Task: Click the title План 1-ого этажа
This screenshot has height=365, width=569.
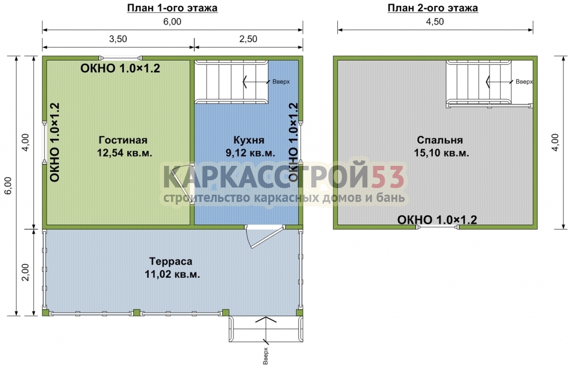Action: (x=172, y=8)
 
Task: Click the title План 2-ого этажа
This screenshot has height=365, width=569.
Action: (x=433, y=8)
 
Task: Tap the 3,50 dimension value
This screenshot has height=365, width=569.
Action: (x=118, y=39)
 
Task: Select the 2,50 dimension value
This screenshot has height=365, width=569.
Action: (x=248, y=39)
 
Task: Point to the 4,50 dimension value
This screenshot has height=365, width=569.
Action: (x=435, y=22)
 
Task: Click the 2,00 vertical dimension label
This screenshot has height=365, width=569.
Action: (x=26, y=272)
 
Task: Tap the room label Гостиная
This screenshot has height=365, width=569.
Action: (x=123, y=140)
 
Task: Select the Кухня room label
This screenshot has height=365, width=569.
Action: (x=249, y=140)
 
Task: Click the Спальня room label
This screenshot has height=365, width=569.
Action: (x=440, y=140)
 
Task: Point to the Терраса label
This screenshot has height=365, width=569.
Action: (x=171, y=261)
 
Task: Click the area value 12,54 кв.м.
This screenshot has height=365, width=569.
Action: (x=124, y=153)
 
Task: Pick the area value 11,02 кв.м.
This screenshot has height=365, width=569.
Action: (x=172, y=274)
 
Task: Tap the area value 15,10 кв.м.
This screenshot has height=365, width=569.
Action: (x=442, y=153)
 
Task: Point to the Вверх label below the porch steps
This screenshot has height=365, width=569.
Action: (x=266, y=356)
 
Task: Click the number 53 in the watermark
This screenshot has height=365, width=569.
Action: (x=387, y=177)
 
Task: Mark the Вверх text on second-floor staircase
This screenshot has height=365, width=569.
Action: (x=524, y=82)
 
